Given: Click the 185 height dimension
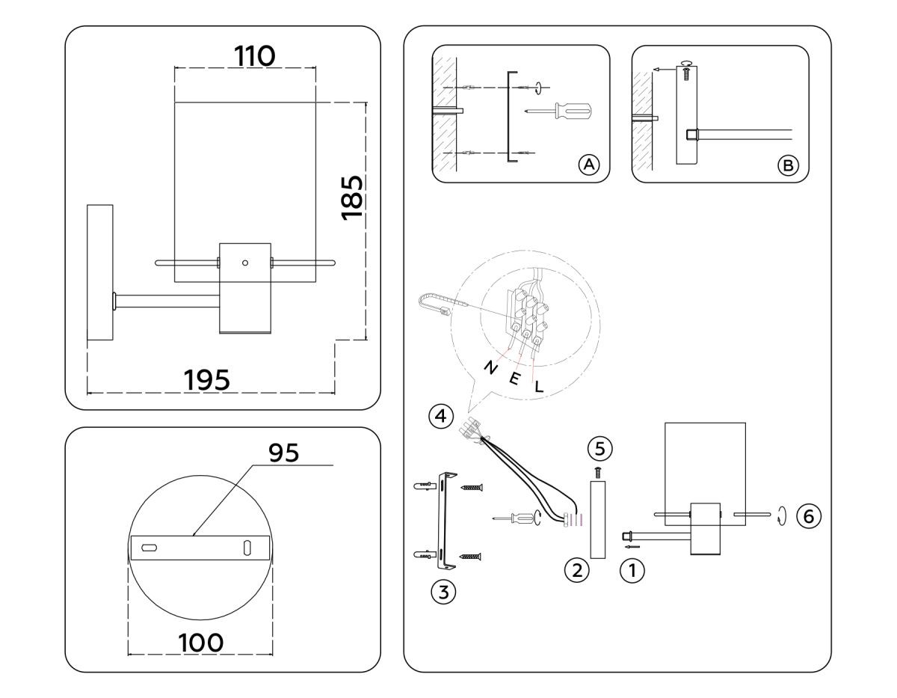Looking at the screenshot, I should (351, 197).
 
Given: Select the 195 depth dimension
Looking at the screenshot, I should (207, 379).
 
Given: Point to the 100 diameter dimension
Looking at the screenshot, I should (200, 642).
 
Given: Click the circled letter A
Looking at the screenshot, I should (589, 165).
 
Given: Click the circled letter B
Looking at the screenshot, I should (787, 165).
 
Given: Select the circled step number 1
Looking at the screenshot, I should (632, 572).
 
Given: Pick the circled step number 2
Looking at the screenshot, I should (576, 571).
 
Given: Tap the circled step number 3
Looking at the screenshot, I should (443, 592).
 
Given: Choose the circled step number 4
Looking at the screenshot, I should (441, 415).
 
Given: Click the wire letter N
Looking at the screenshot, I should (490, 367).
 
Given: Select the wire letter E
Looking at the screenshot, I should (514, 379).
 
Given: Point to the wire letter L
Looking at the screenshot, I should (539, 388).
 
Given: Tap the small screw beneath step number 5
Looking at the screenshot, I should (598, 471).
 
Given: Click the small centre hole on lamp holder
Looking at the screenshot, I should (244, 263).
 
